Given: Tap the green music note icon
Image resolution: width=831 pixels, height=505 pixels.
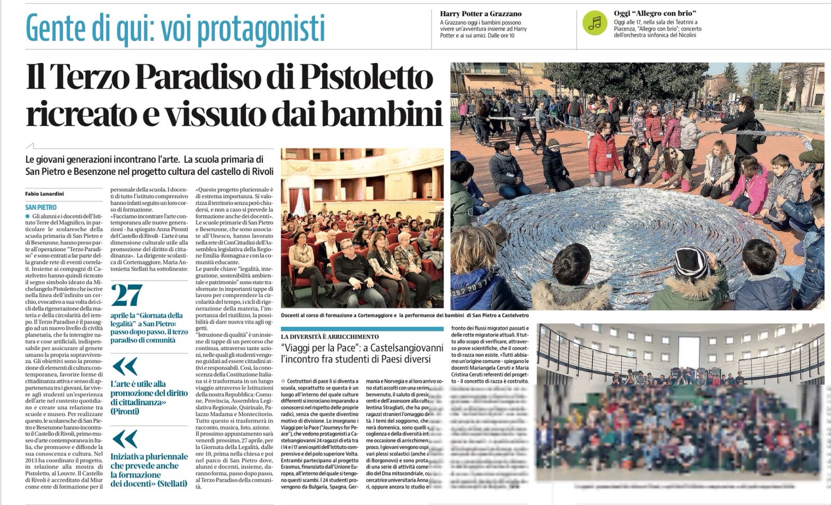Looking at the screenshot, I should click(x=595, y=22).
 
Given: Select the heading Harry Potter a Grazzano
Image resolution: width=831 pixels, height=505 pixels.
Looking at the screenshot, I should click(x=480, y=14).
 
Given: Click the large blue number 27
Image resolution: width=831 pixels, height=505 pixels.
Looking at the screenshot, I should click(x=127, y=295).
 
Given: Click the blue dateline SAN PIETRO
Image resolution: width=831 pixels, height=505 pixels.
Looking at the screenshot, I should click(x=41, y=207).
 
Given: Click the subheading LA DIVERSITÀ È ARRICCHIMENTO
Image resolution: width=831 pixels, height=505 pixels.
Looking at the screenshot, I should click(x=330, y=337).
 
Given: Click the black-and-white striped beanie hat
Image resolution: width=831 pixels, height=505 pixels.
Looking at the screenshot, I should click(x=691, y=262).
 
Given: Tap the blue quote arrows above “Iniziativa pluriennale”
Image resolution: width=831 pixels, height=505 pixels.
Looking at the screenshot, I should click(x=125, y=439).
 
